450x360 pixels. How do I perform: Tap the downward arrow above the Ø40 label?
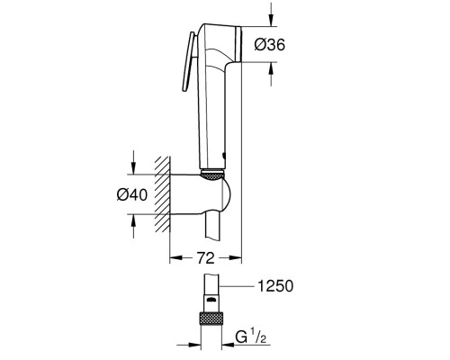tap(133, 165)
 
